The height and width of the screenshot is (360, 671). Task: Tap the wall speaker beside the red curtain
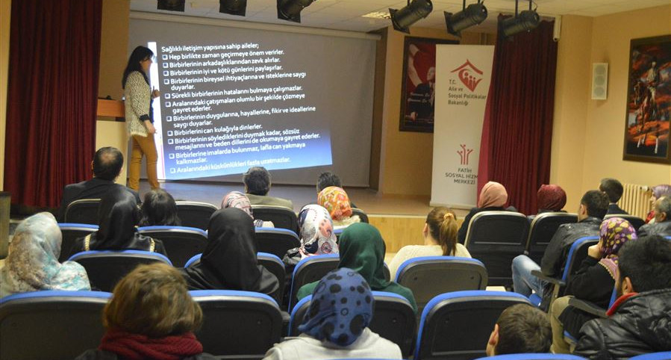[x=599, y=81]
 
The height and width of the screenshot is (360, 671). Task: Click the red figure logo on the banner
[x=464, y=154]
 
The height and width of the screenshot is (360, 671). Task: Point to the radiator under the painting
[x=635, y=200]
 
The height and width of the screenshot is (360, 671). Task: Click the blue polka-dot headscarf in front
[x=337, y=306]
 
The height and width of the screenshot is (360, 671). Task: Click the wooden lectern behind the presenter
[x=110, y=110]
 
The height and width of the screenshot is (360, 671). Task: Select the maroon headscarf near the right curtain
[x=552, y=198]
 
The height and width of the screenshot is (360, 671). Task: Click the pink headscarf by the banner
[x=493, y=195]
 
